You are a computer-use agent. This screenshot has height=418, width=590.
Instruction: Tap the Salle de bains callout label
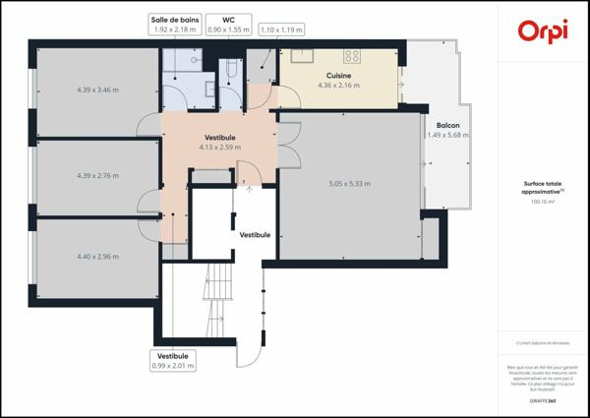click(x=175, y=24)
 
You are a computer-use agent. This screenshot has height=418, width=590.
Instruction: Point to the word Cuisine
click(x=339, y=75)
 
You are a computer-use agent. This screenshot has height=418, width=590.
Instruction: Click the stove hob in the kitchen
click(x=351, y=55)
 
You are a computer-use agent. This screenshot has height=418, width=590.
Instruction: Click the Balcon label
click(x=447, y=126)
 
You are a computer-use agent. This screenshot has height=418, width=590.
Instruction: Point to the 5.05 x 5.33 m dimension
click(x=349, y=183)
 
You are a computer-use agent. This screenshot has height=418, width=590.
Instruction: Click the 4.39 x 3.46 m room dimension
click(x=97, y=90)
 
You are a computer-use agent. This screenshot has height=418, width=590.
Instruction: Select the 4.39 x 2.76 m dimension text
click(x=97, y=176)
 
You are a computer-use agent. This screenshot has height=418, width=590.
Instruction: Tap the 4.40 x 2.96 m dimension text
click(x=97, y=257)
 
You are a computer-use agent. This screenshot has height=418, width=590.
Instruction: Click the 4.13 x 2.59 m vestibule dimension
click(x=220, y=148)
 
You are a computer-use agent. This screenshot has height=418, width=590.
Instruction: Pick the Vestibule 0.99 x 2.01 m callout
click(x=173, y=360)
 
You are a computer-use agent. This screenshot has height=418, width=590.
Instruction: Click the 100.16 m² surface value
click(x=543, y=202)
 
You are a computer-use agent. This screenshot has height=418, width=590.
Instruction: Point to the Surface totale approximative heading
click(x=543, y=187)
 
